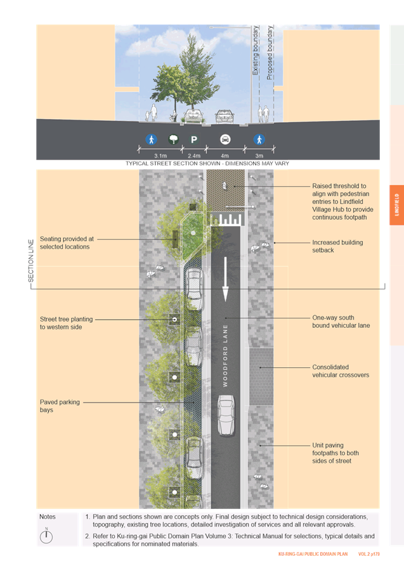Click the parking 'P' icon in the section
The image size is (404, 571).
(194, 139)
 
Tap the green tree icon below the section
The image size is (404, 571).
(173, 139)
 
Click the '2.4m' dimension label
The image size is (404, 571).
(194, 155)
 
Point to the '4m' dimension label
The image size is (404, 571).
(225, 155)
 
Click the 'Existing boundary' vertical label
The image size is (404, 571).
(256, 51)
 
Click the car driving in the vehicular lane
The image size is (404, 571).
(226, 415)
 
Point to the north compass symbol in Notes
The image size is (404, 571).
(46, 536)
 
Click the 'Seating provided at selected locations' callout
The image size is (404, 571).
(67, 242)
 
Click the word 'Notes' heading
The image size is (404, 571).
(48, 517)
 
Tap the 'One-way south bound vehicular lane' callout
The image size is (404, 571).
(341, 322)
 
